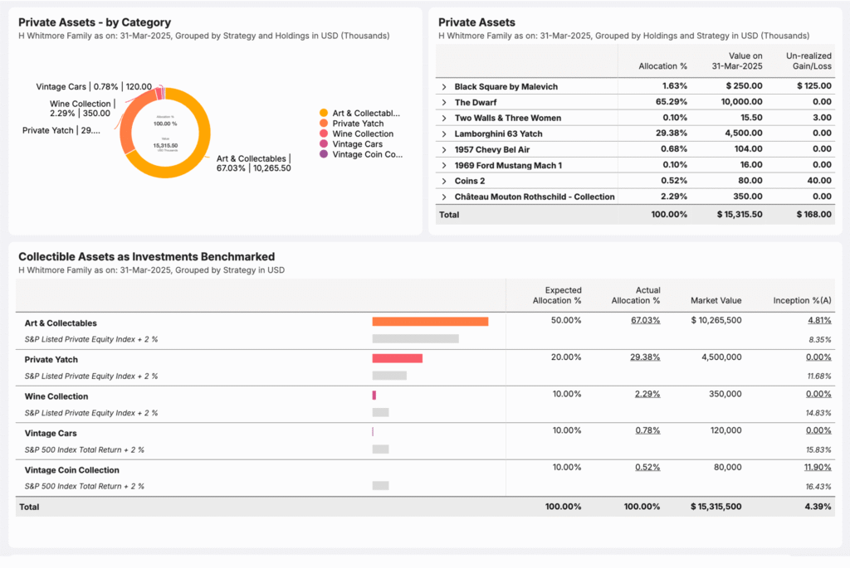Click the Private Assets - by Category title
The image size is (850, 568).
click(x=95, y=22)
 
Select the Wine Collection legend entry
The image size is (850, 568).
click(x=363, y=134)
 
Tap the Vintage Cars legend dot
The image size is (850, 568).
click(x=323, y=144)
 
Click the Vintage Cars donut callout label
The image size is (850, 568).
click(x=94, y=86)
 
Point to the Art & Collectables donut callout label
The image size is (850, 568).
click(x=253, y=163)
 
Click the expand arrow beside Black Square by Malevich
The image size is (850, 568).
click(x=444, y=87)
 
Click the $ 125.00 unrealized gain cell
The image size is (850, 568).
click(x=813, y=86)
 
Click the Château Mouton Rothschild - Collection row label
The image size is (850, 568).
click(x=534, y=197)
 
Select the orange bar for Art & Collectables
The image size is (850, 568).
click(x=430, y=322)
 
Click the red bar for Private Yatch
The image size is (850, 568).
click(x=397, y=358)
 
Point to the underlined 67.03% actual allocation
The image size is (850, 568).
click(x=645, y=320)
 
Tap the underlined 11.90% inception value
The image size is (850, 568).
click(x=818, y=467)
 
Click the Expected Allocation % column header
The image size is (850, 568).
click(x=557, y=295)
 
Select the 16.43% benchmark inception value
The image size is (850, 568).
click(x=818, y=486)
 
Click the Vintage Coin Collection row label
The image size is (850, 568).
click(x=71, y=470)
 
